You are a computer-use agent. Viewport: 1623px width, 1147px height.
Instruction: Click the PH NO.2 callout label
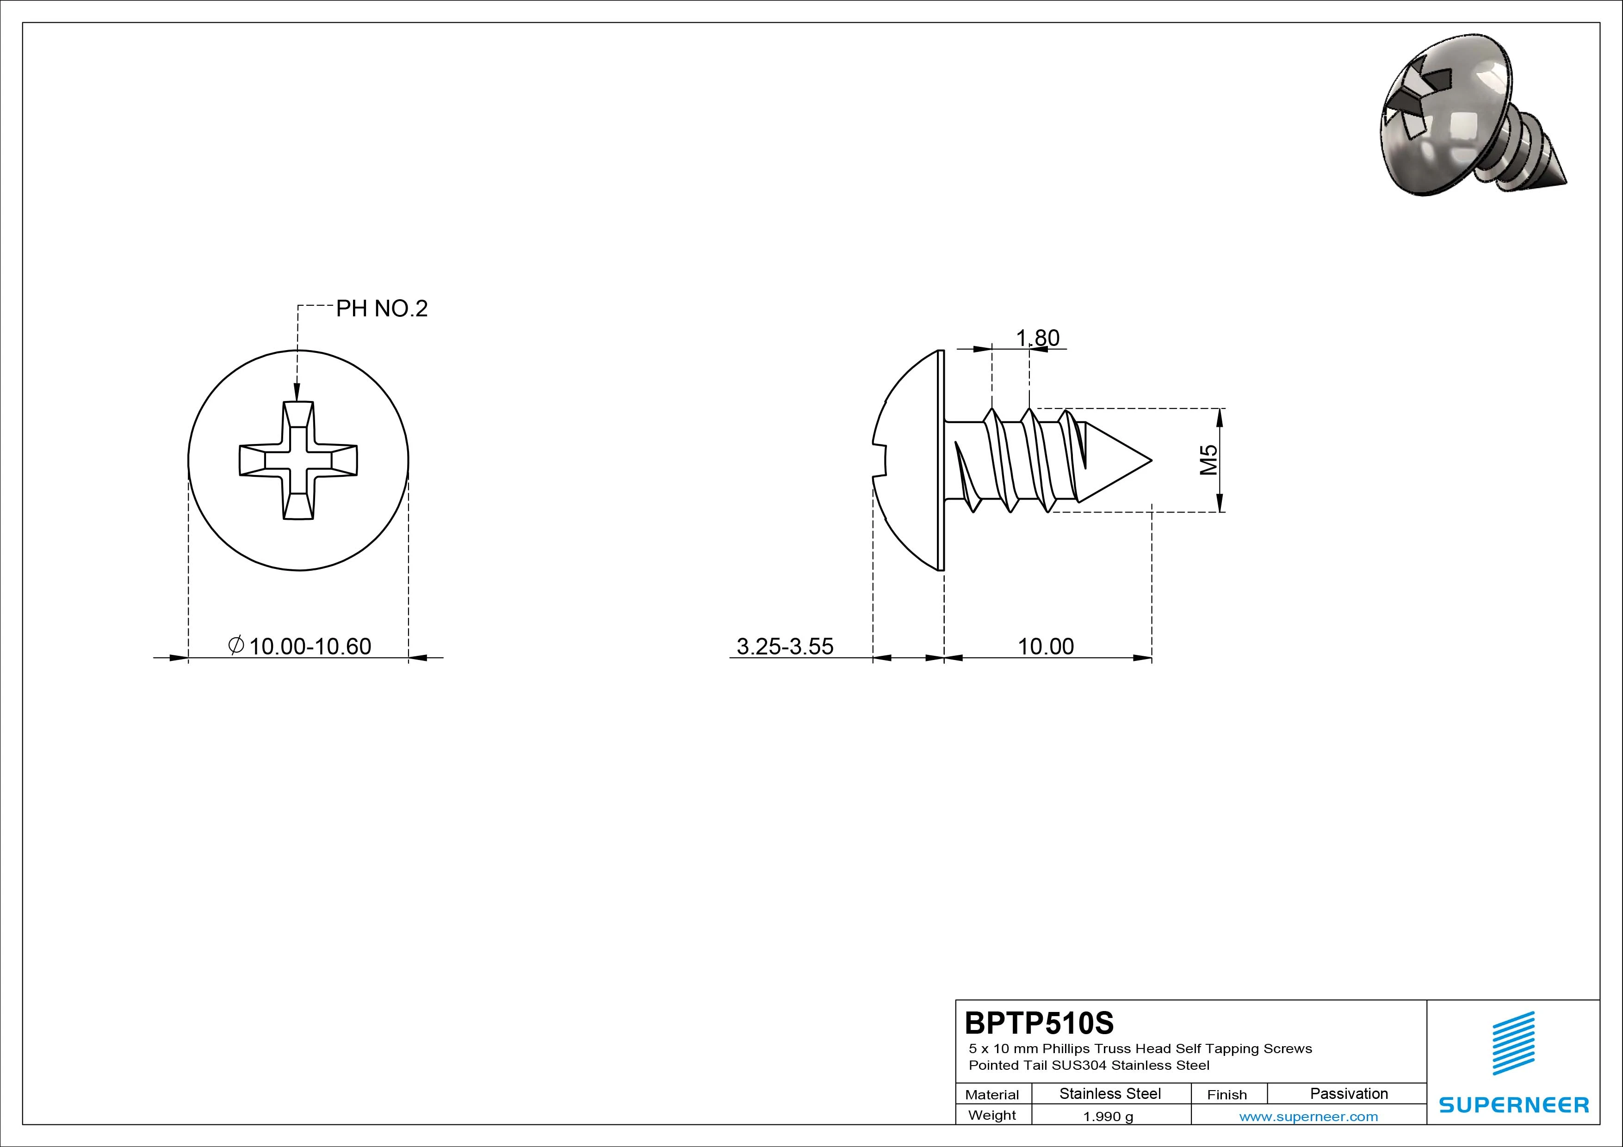(x=382, y=309)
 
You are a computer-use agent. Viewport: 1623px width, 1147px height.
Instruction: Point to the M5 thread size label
(x=1209, y=460)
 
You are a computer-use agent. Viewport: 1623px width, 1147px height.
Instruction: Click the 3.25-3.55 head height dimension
(x=785, y=646)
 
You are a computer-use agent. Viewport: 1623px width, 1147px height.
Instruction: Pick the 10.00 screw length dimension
(x=1046, y=646)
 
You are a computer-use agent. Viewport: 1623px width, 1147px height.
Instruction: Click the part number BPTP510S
(x=1039, y=1023)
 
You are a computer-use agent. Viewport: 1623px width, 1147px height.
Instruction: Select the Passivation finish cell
(x=1349, y=1093)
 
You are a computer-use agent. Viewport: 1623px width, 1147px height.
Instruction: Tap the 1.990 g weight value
(x=1108, y=1116)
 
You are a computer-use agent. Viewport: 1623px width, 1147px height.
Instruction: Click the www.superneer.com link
(x=1308, y=1116)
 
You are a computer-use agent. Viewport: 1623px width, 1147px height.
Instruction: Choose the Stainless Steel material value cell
(x=1110, y=1093)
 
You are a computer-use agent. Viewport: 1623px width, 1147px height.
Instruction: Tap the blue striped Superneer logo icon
(x=1513, y=1043)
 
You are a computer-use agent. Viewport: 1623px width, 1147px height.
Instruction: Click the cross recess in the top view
(x=298, y=461)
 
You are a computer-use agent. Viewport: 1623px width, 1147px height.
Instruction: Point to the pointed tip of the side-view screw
(x=1152, y=460)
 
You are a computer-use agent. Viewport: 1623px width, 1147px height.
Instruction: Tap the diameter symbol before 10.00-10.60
(x=237, y=645)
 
